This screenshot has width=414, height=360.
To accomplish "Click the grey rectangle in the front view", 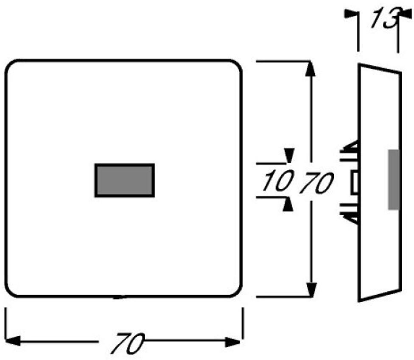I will coord(124,180).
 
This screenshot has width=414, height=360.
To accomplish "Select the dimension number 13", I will coord(383,20).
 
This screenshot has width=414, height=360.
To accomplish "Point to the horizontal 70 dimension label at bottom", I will coord(127,343).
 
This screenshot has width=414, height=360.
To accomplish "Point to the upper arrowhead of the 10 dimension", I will coord(289,155).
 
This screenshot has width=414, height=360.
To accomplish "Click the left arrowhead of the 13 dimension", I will coord(350,14).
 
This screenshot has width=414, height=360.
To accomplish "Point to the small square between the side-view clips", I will coord(354,182).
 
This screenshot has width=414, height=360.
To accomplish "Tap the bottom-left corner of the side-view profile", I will coord(359,301).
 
